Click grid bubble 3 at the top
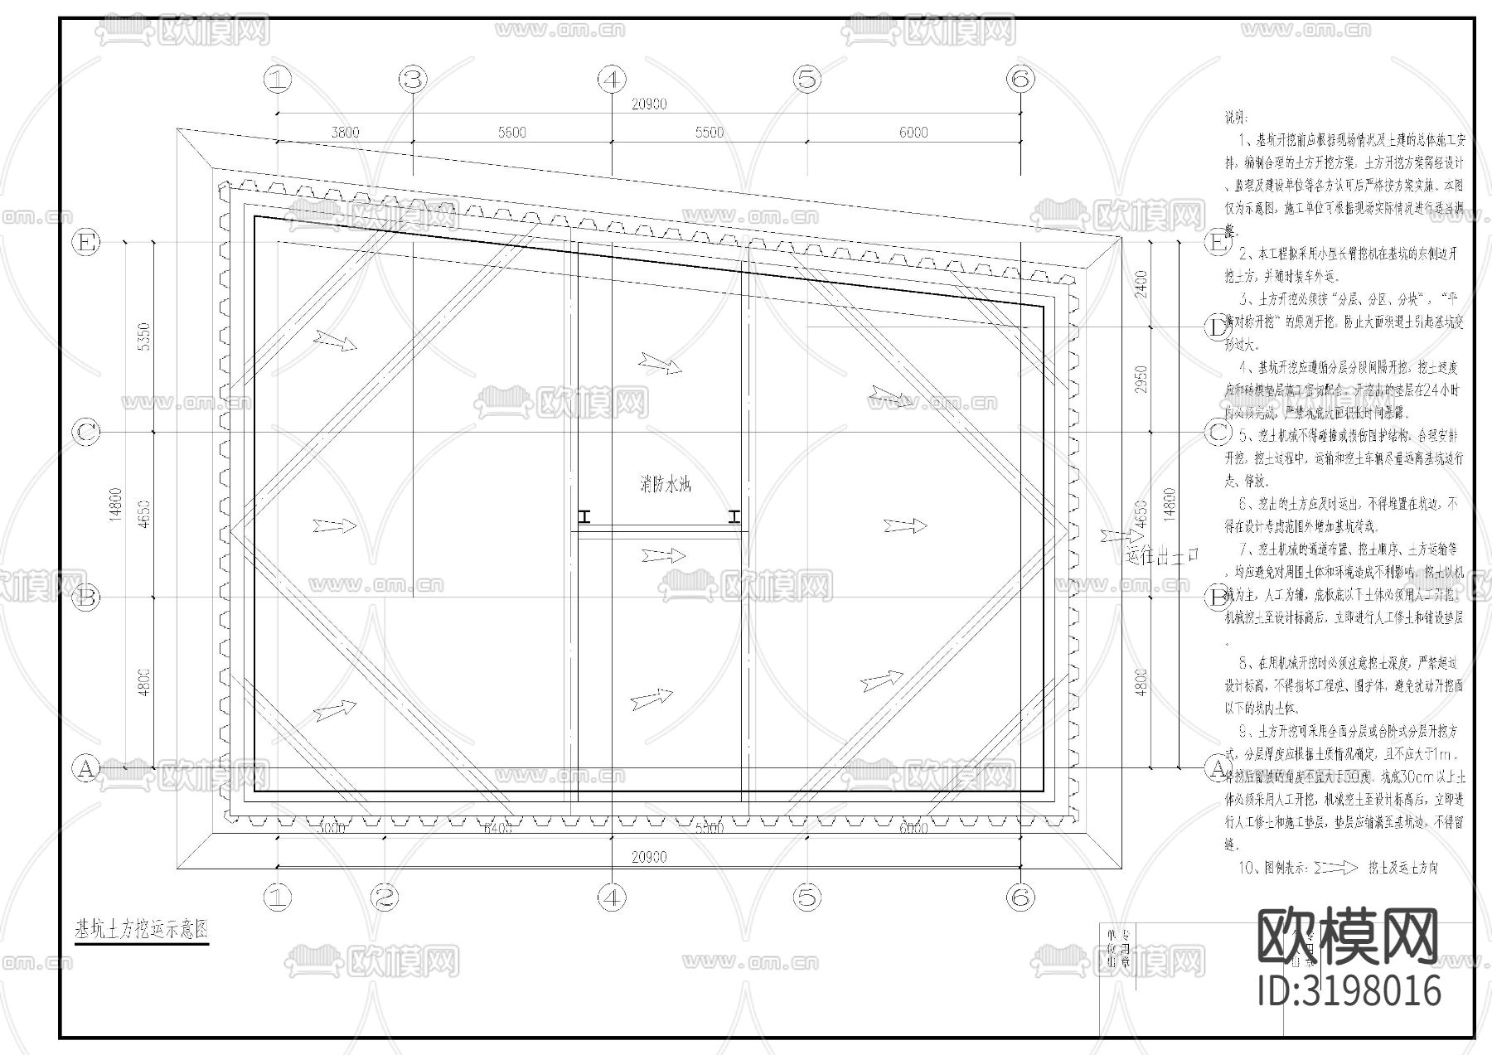(413, 80)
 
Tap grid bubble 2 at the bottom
(384, 897)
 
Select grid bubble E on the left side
(86, 243)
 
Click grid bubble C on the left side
(86, 432)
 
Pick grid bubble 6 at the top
(1020, 80)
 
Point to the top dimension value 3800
(345, 133)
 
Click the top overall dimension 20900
(648, 104)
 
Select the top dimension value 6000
(913, 133)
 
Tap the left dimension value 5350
(144, 336)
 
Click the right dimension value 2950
(1141, 380)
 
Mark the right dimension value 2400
(1141, 284)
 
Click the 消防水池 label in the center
(664, 484)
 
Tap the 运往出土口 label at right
(1163, 555)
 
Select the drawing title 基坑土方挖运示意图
(142, 930)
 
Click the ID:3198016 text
(1349, 990)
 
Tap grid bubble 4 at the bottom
(611, 897)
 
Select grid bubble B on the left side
(86, 597)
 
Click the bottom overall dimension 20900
(648, 858)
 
